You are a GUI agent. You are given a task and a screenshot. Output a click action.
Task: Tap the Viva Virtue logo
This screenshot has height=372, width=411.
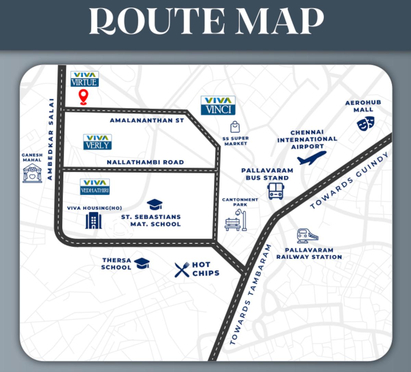[85, 79]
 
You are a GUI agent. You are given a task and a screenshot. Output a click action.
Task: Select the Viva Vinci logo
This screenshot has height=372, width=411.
[218, 105]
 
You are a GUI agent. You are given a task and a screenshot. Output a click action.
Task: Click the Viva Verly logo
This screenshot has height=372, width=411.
[98, 142]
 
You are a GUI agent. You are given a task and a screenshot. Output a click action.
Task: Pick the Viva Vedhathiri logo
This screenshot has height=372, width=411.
[95, 187]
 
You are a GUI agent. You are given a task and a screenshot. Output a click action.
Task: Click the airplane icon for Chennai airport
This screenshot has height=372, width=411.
[311, 158]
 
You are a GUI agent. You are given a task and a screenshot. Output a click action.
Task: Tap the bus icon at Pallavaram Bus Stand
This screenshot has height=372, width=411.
[276, 191]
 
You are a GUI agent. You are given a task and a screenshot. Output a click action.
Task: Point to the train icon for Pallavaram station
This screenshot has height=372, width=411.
[308, 236]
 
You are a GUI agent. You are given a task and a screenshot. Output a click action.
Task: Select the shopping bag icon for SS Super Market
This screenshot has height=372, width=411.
[235, 127]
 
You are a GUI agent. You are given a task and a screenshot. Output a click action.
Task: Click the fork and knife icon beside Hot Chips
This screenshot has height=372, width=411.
[182, 269]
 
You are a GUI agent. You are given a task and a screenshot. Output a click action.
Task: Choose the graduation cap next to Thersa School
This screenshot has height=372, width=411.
[142, 263]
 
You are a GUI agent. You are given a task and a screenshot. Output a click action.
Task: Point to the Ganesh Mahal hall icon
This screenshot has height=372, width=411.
[32, 173]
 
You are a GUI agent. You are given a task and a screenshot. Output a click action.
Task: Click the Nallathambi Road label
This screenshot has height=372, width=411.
[145, 162]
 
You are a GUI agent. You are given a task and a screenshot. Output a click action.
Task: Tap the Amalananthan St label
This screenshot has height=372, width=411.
[147, 120]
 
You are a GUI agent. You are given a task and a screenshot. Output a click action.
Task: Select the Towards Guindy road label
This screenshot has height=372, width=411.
[350, 181]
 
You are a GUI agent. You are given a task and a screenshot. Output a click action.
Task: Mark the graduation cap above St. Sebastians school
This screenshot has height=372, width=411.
[154, 205]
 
